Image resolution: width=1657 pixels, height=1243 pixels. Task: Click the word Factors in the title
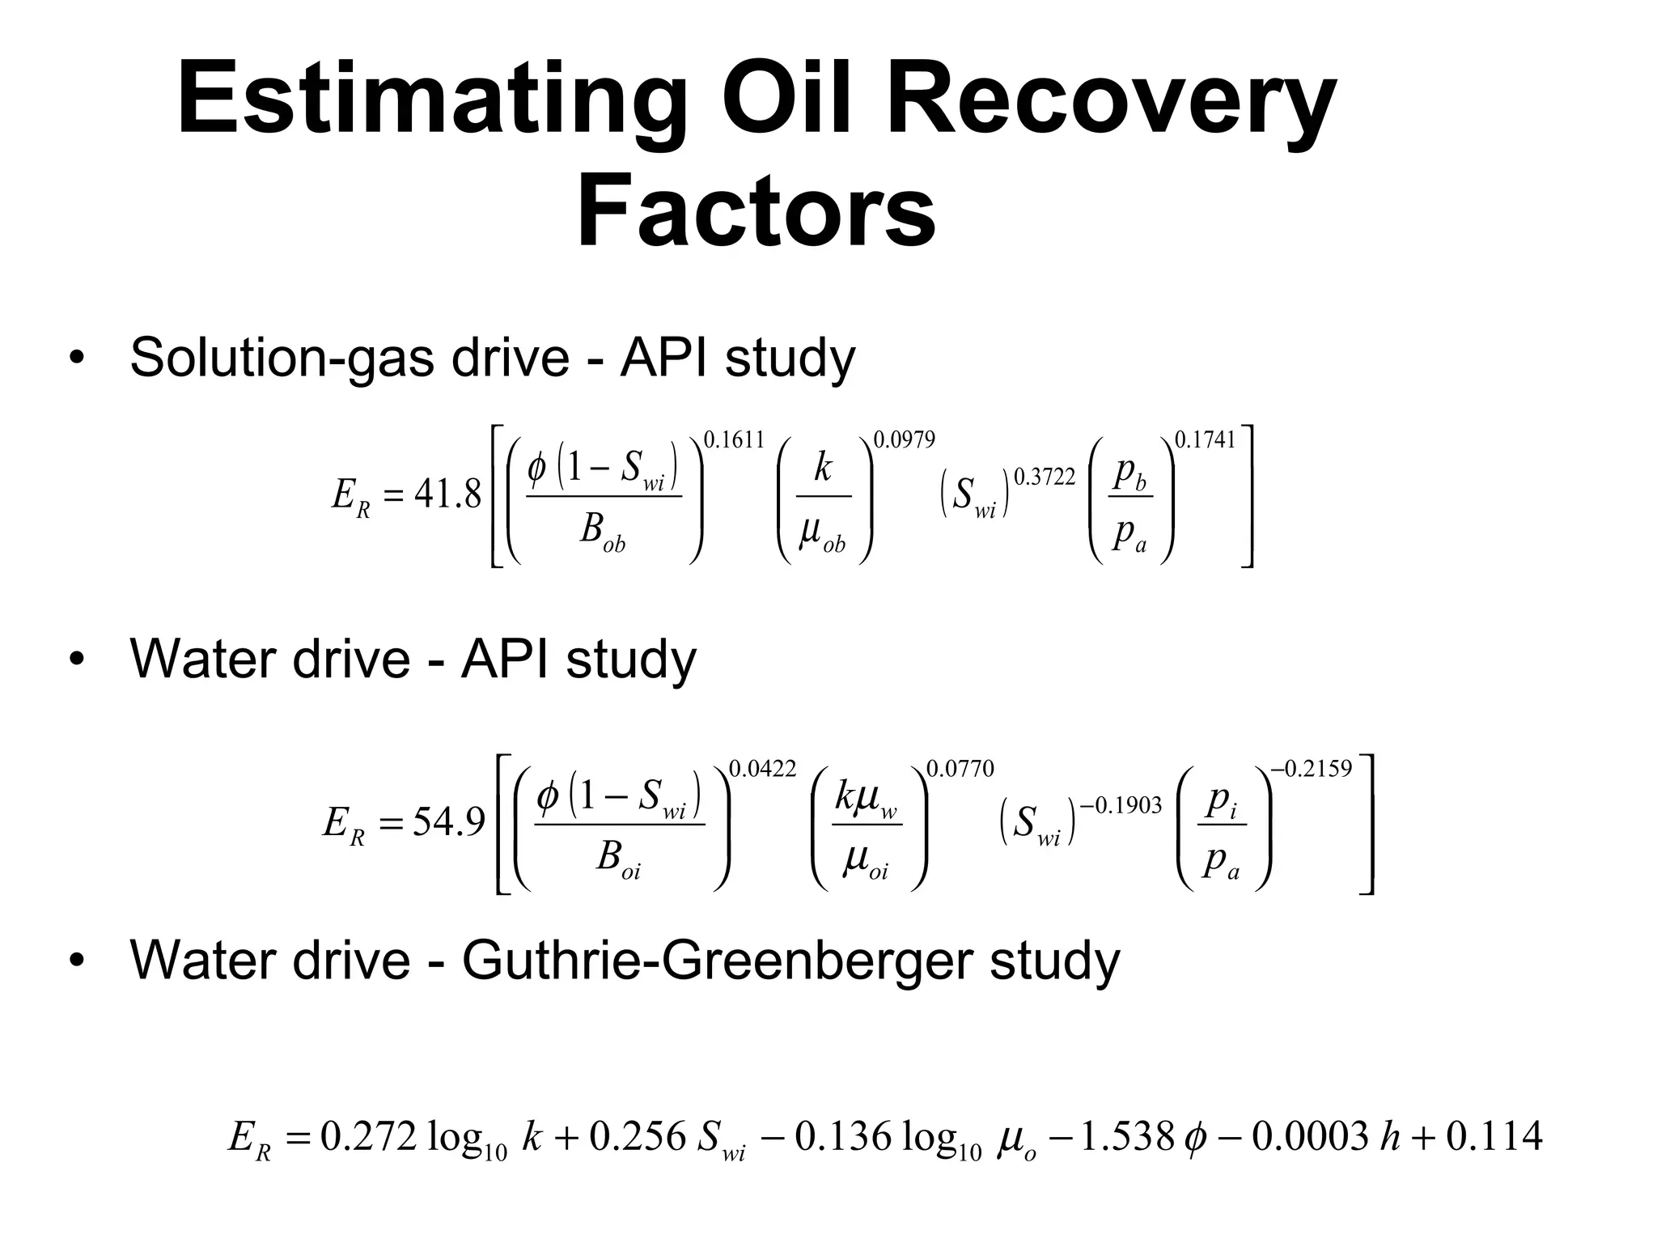pyautogui.click(x=756, y=212)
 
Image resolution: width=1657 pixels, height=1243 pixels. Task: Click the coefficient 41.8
pyautogui.click(x=447, y=494)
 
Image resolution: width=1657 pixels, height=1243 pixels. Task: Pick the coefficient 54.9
pyautogui.click(x=448, y=822)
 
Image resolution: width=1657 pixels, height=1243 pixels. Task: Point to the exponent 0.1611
pyautogui.click(x=734, y=440)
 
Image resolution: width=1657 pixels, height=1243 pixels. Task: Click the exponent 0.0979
pyautogui.click(x=904, y=440)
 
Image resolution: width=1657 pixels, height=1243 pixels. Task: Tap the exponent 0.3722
pyautogui.click(x=1045, y=477)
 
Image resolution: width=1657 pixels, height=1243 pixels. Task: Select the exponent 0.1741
pyautogui.click(x=1205, y=440)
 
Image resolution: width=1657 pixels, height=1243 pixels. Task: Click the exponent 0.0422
pyautogui.click(x=763, y=769)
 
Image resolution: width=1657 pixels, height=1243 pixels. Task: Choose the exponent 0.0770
pyautogui.click(x=960, y=769)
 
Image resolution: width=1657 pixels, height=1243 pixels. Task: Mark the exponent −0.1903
pyautogui.click(x=1121, y=805)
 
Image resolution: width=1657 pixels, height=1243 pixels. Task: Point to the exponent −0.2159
pyautogui.click(x=1312, y=769)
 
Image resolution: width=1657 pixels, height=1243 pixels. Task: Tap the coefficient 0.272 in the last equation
pyautogui.click(x=368, y=1137)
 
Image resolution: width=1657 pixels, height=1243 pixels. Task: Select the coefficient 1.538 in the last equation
pyautogui.click(x=1126, y=1137)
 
